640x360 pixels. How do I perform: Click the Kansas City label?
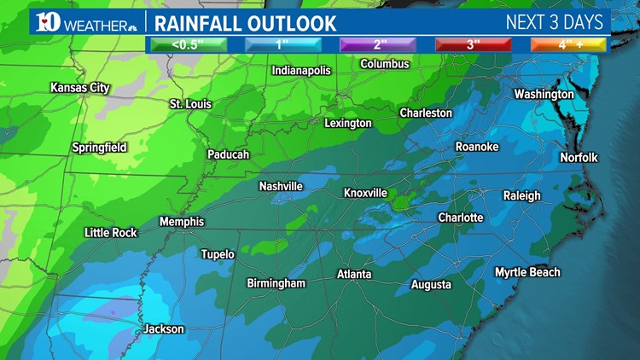click(81, 88)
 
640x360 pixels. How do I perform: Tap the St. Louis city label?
click(190, 104)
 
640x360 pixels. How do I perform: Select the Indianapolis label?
click(300, 71)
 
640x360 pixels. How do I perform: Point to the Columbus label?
click(384, 64)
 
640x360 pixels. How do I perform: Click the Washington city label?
click(544, 94)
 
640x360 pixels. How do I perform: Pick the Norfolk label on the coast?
click(579, 158)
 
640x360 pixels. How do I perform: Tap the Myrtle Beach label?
click(527, 272)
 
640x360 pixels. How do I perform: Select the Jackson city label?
click(163, 328)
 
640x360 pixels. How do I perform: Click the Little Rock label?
click(110, 232)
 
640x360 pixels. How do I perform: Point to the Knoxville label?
click(365, 193)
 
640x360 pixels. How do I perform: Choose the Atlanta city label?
click(353, 274)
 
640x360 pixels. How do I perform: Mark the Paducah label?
click(228, 154)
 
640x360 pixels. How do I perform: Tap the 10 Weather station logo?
click(81, 21)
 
